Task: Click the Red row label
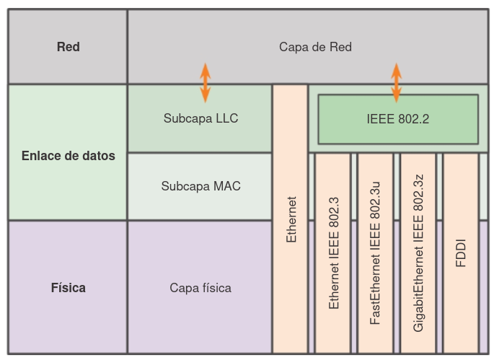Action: pyautogui.click(x=68, y=47)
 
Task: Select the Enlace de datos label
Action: pyautogui.click(x=68, y=156)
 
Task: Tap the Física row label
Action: pyautogui.click(x=68, y=288)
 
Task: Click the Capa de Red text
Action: pyautogui.click(x=315, y=47)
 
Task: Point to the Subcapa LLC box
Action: pyautogui.click(x=200, y=118)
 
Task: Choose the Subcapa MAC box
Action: pyautogui.click(x=200, y=186)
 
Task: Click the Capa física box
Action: pyautogui.click(x=200, y=288)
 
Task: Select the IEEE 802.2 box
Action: pyautogui.click(x=397, y=119)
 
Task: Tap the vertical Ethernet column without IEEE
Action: pyautogui.click(x=291, y=218)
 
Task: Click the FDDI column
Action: pyautogui.click(x=461, y=253)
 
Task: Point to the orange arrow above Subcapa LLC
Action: pyautogui.click(x=205, y=82)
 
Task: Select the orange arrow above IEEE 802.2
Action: pyautogui.click(x=396, y=82)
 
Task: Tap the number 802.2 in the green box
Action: pyautogui.click(x=413, y=119)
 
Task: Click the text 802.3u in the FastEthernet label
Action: pyautogui.click(x=375, y=204)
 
